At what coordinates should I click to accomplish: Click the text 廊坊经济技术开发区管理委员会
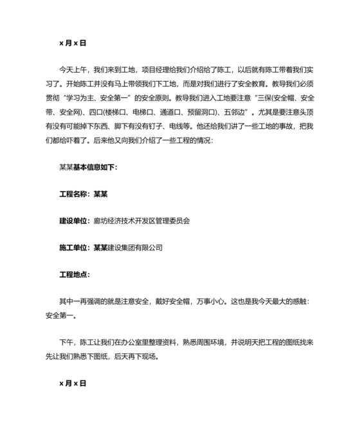142,220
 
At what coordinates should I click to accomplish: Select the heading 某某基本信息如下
88,167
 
